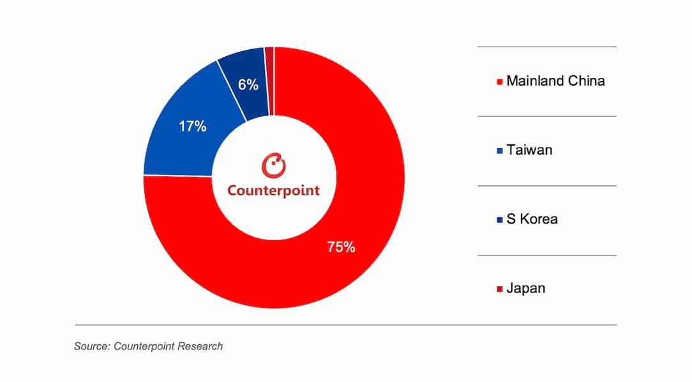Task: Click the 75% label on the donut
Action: [x=341, y=247]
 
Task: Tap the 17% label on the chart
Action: [x=192, y=126]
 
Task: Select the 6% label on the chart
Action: [x=248, y=84]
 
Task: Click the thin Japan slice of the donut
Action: [x=269, y=80]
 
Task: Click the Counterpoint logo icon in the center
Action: [x=274, y=165]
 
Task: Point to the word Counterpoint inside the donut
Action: [x=274, y=190]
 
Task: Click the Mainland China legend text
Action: [x=555, y=81]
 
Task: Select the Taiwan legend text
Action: [x=529, y=150]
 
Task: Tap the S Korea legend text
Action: [x=532, y=219]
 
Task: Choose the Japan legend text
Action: [x=526, y=288]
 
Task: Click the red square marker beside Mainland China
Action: [x=499, y=82]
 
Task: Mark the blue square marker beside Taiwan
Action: [x=499, y=151]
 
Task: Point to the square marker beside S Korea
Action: [x=499, y=220]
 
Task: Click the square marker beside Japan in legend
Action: [x=499, y=289]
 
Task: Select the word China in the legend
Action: [x=587, y=81]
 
